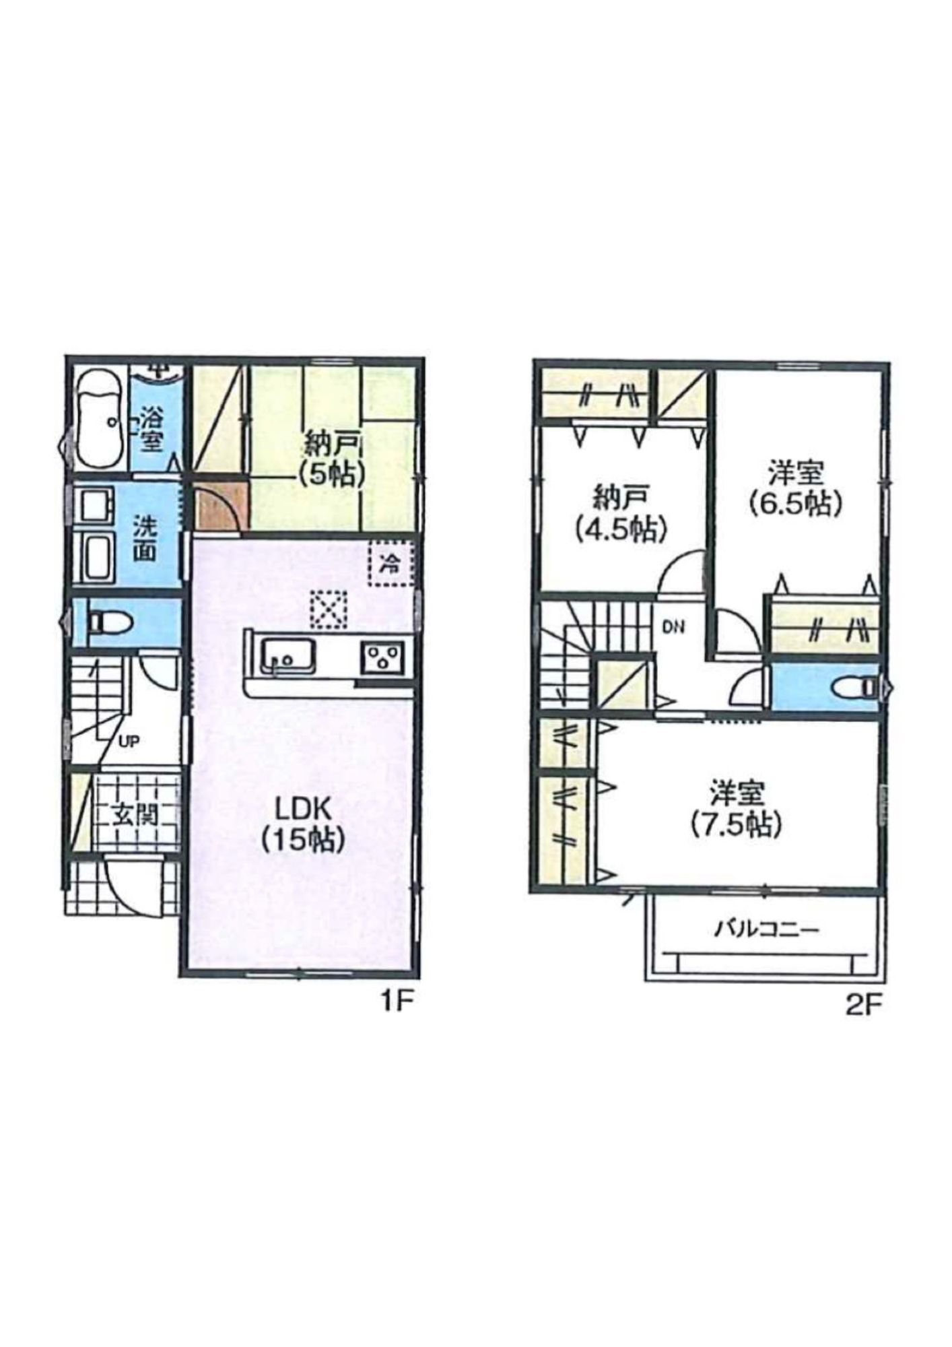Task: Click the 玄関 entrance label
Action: pos(135,816)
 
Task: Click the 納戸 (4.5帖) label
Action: pos(621,514)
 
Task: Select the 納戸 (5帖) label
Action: pos(333,459)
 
